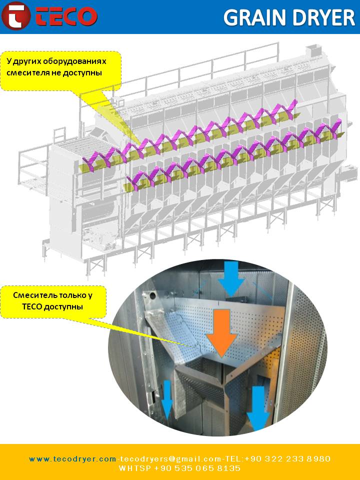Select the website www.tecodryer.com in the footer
pos(72,458)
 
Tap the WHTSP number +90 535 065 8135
pos(197,468)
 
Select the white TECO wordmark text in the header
pos(65,16)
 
